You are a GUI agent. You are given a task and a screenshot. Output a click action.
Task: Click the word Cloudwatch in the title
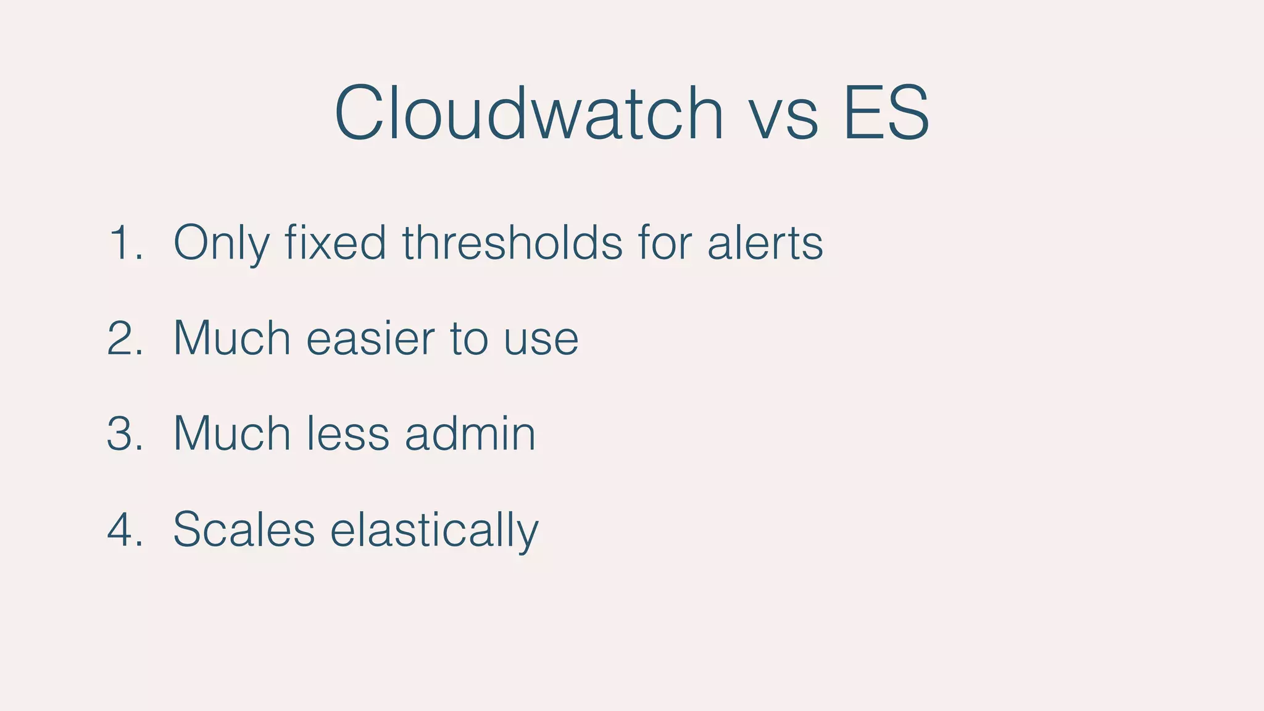click(529, 114)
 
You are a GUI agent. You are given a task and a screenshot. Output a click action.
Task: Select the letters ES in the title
click(886, 114)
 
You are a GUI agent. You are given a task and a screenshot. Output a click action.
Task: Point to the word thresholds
click(512, 242)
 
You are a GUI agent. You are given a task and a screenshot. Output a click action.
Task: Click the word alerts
click(765, 243)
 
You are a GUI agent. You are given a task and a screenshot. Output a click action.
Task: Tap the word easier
click(370, 338)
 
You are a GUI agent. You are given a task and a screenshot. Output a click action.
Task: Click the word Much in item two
click(231, 338)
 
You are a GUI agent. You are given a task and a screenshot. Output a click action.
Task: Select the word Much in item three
click(231, 434)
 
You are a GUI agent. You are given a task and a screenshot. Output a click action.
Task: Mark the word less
click(347, 434)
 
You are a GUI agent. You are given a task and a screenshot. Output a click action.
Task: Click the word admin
click(470, 434)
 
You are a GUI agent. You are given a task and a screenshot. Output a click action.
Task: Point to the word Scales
click(244, 530)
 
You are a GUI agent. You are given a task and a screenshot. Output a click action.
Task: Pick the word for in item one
click(665, 242)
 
